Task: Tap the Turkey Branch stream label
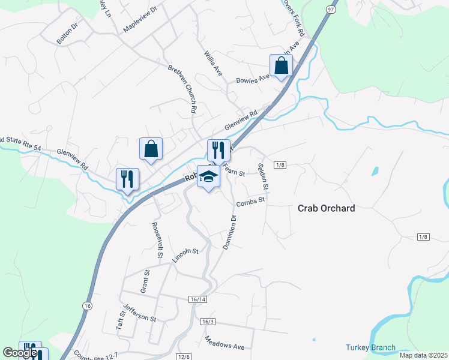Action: [370, 347]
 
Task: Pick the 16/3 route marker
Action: [208, 322]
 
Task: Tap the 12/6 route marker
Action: [184, 356]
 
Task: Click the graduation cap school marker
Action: [208, 177]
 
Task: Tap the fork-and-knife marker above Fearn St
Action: [218, 151]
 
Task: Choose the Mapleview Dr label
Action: [139, 20]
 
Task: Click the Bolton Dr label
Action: [67, 33]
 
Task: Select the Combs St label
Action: [250, 202]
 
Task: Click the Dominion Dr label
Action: [230, 229]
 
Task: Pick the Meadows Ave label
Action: [224, 343]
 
